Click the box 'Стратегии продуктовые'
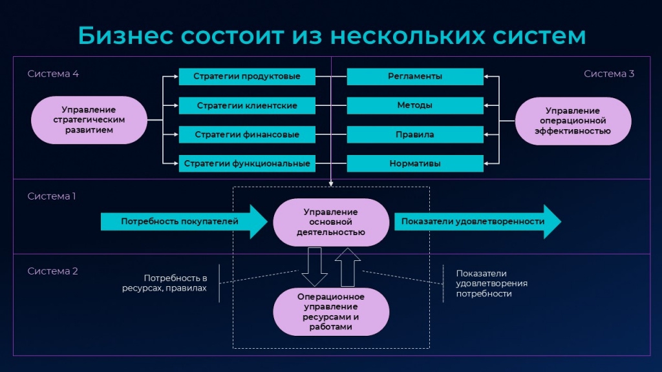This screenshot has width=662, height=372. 247,76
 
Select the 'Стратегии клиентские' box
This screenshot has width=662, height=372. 247,105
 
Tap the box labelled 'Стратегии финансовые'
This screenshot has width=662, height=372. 247,134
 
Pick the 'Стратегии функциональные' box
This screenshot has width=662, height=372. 247,163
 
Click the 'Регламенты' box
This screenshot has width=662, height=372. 415,76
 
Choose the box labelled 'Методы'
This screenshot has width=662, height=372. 415,105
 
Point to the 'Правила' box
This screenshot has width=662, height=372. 415,134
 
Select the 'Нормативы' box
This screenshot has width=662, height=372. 415,163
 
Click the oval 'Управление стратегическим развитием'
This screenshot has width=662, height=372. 89,119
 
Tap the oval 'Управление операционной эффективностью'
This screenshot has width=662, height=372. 573,121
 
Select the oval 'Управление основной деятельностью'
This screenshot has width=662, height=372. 331,222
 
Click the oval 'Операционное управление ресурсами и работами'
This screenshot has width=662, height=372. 331,312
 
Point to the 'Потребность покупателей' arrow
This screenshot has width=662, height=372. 184,222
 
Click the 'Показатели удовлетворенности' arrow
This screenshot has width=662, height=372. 478,222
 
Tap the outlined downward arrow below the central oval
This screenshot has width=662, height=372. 315,267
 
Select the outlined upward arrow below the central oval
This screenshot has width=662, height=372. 347,267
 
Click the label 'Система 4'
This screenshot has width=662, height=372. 53,74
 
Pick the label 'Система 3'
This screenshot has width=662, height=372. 609,74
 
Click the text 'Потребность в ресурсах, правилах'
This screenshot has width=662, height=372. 165,283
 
